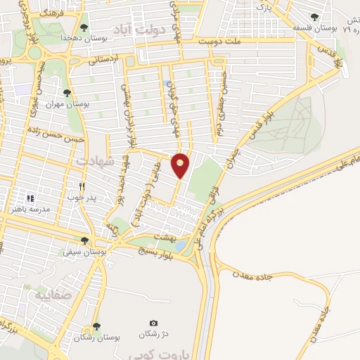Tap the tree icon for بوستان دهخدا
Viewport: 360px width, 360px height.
point(84,27)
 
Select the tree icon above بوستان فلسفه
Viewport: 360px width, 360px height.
point(314,17)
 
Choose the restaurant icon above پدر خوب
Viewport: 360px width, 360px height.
point(82,186)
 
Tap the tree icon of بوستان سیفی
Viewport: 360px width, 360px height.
point(84,240)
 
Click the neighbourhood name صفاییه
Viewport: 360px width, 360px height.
point(51,294)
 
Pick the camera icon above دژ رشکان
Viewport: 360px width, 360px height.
point(153,323)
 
